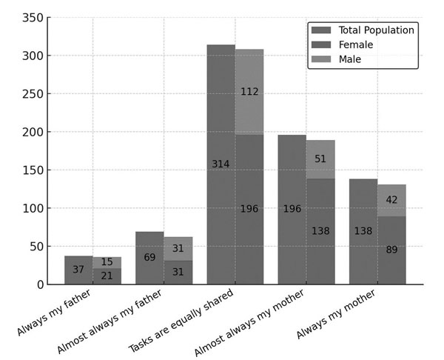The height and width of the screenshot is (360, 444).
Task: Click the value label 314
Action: click(221, 164)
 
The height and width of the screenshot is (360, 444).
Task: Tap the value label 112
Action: click(249, 92)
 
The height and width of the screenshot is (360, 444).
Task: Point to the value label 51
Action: click(320, 159)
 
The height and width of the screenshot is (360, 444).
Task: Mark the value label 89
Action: click(391, 250)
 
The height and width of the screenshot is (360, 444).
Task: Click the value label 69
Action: click(149, 258)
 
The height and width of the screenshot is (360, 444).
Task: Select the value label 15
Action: click(107, 262)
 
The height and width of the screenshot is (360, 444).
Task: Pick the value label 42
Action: click(391, 200)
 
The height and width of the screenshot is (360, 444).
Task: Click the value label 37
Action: click(78, 270)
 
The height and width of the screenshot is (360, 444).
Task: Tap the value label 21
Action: click(107, 276)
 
